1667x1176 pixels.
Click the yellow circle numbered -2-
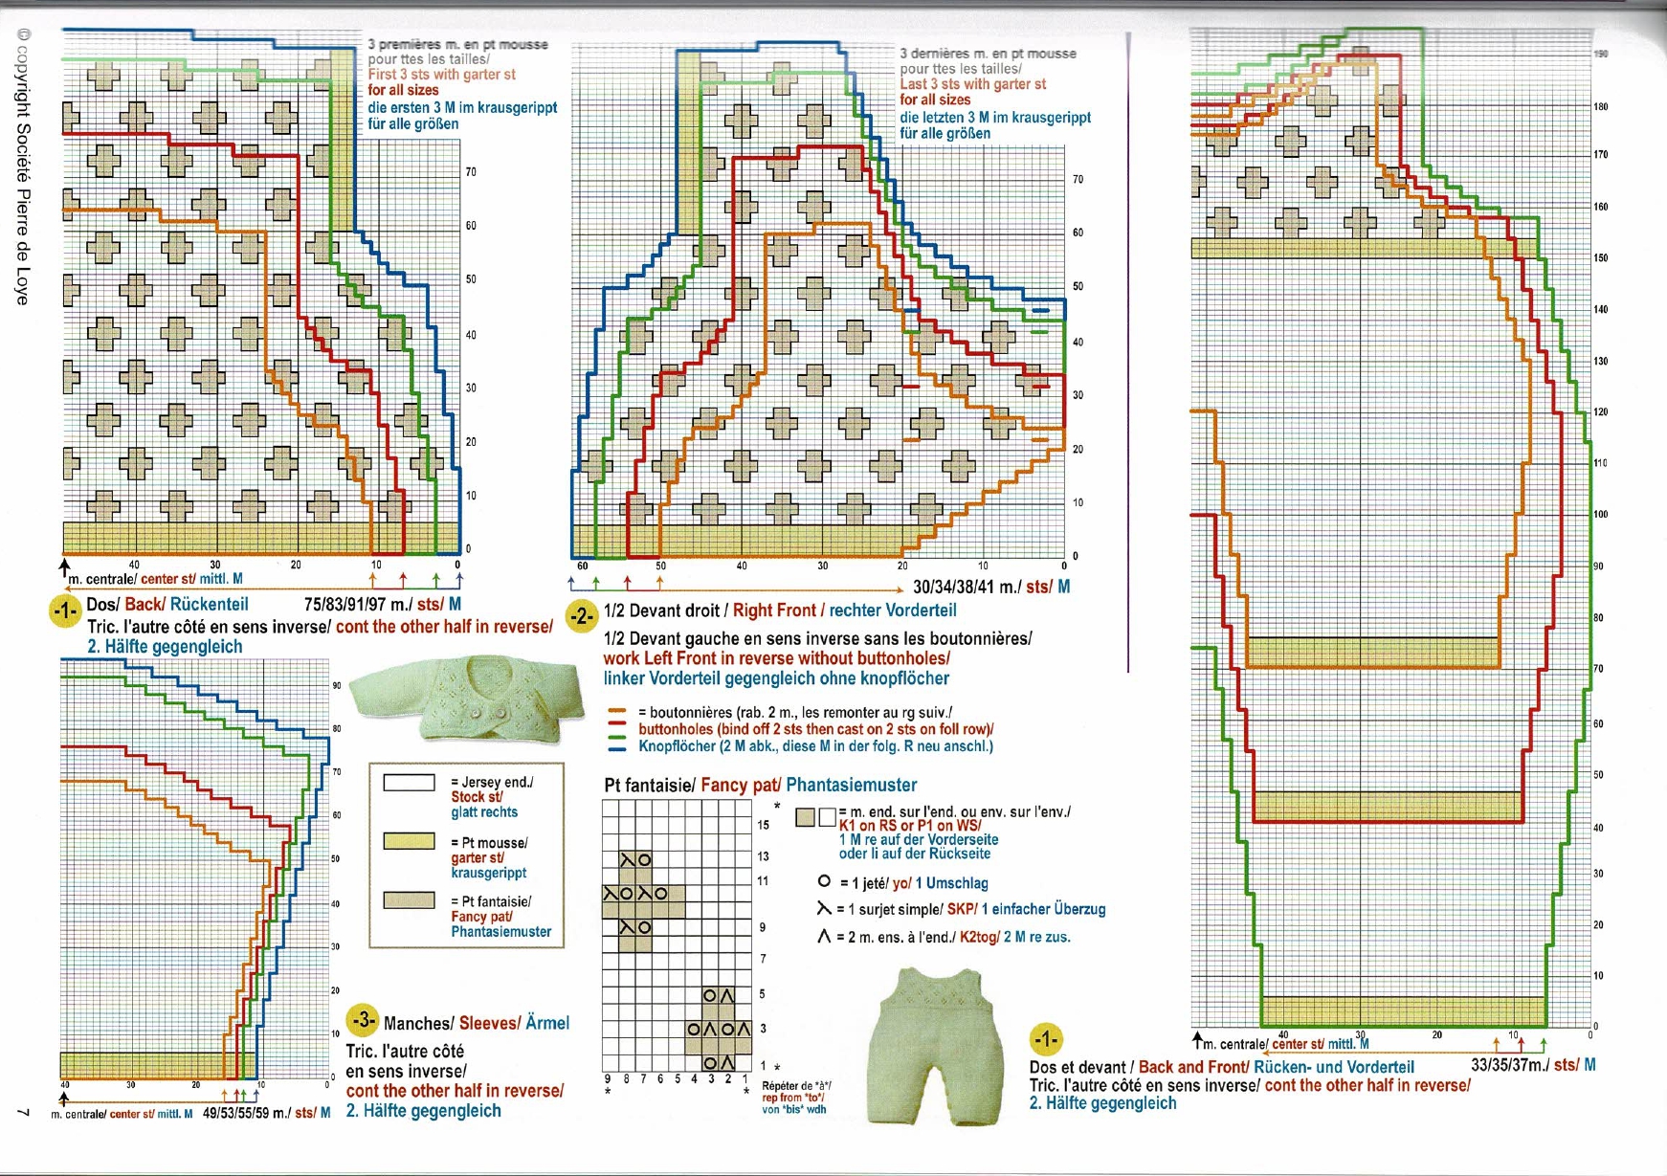[581, 616]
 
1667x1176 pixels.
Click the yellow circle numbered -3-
[364, 1021]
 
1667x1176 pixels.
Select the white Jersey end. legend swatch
[409, 783]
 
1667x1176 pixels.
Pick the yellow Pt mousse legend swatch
[409, 841]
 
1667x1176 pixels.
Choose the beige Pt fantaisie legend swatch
[409, 900]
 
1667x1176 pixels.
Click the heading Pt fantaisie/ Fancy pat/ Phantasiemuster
[761, 786]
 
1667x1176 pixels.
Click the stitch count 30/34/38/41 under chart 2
[967, 587]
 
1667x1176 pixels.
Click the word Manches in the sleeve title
[418, 1023]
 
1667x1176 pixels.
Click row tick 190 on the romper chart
[1600, 55]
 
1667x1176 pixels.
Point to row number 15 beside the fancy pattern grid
[763, 825]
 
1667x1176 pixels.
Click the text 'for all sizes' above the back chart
[403, 90]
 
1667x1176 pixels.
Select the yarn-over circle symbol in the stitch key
[824, 882]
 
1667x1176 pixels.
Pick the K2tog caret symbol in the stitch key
[824, 937]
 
